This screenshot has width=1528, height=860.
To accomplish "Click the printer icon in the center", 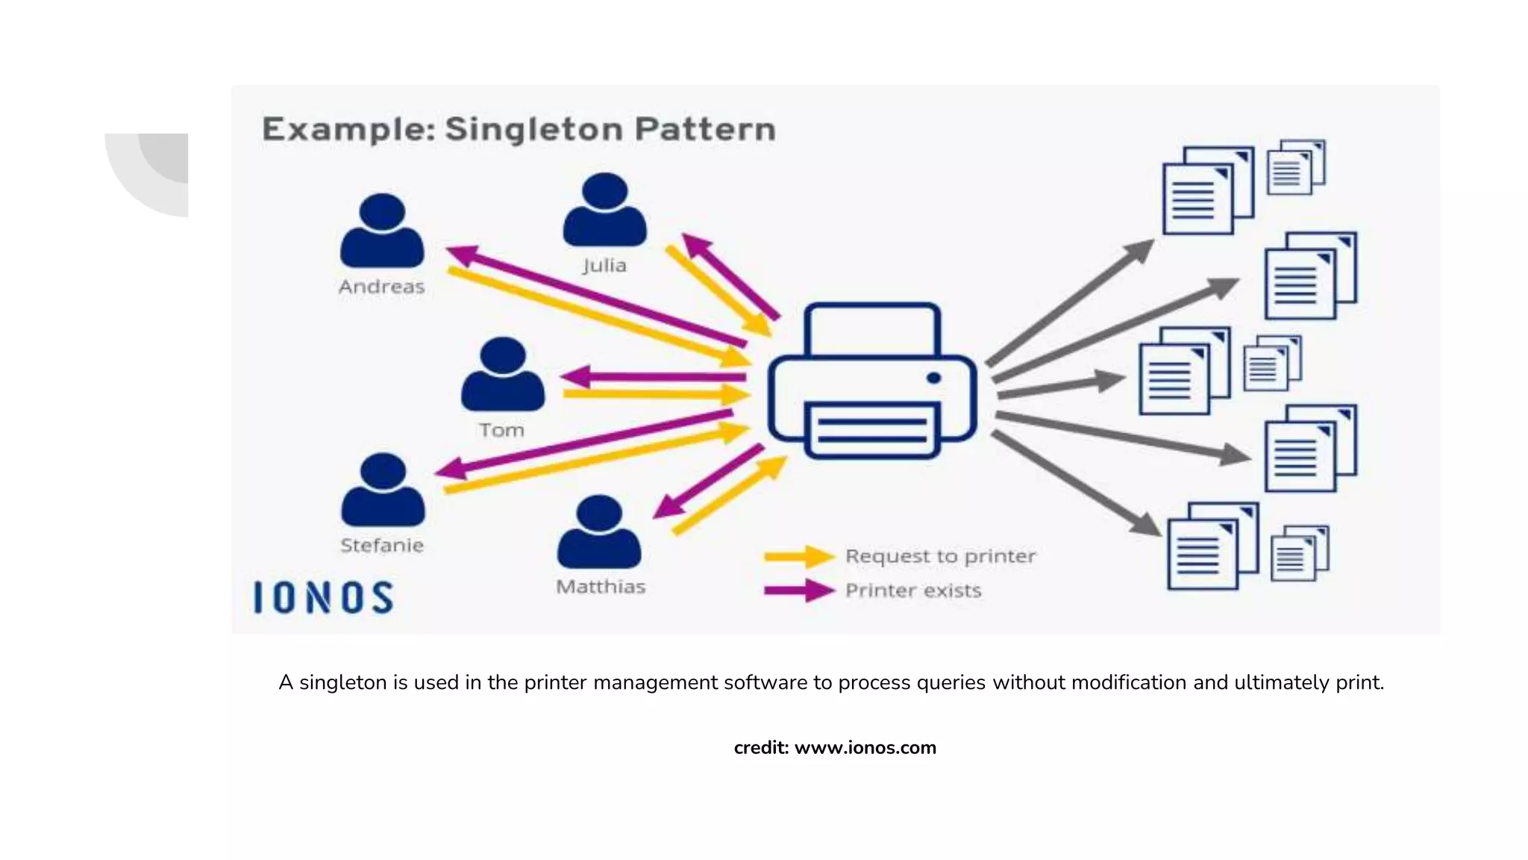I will [871, 381].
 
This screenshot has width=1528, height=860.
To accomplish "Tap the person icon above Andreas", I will [382, 231].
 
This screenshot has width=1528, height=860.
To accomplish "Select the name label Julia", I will [604, 265].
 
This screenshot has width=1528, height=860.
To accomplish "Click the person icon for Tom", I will [503, 375].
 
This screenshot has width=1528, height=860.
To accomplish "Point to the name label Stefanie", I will [382, 546].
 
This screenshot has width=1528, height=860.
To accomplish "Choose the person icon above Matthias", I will [599, 532].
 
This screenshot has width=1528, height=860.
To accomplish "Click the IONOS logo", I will [323, 598].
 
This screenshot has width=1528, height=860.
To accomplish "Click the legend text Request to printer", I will [940, 557].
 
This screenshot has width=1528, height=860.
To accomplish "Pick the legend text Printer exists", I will [912, 591].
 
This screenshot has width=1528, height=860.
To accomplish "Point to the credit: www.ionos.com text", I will [835, 747].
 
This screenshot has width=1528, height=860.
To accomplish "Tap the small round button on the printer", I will [933, 378].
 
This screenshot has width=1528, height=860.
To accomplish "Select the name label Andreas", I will [381, 287].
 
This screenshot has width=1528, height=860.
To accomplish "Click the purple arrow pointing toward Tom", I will [649, 377].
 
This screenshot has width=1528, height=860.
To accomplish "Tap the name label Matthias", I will [601, 587].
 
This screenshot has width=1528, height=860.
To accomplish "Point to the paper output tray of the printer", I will [871, 430].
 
